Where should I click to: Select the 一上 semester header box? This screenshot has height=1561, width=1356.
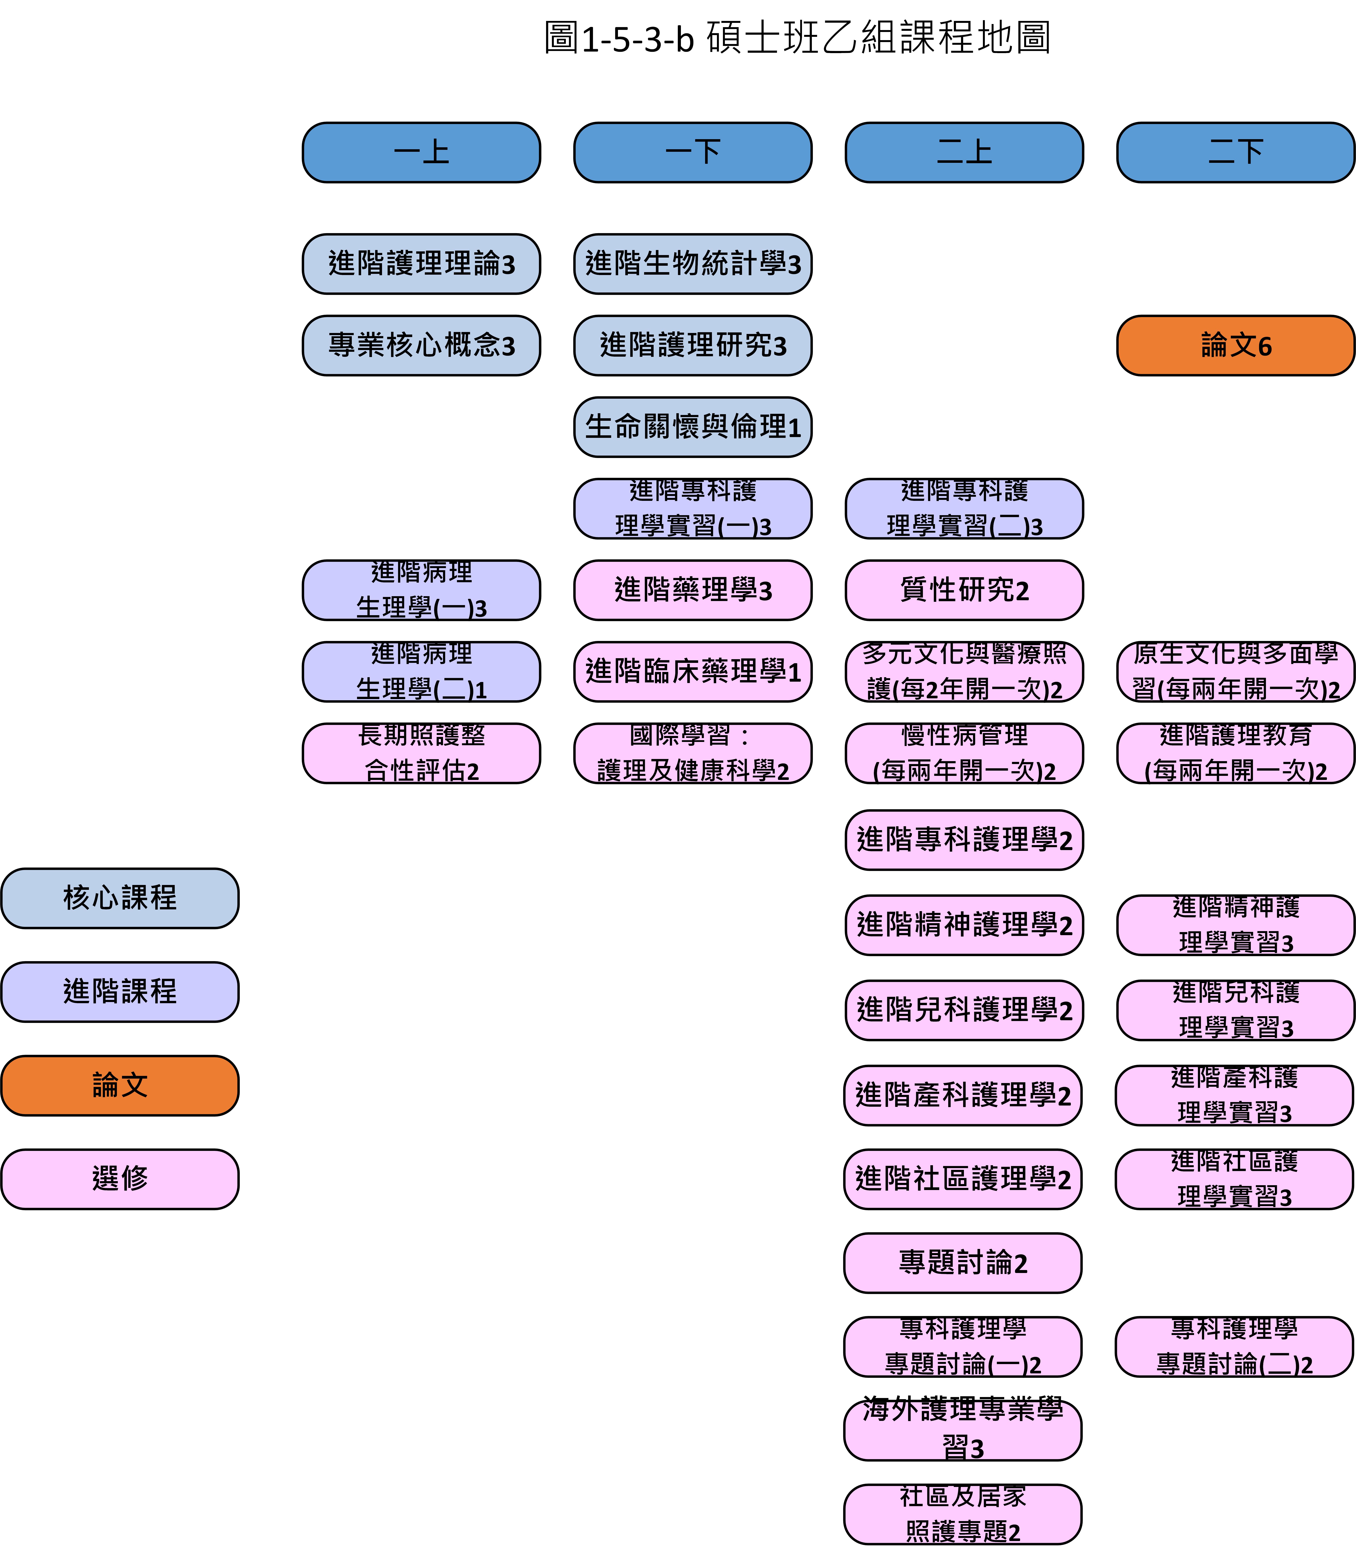click(x=422, y=152)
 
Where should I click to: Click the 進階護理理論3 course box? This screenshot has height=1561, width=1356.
click(x=422, y=263)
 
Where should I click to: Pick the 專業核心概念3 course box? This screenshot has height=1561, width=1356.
click(x=422, y=345)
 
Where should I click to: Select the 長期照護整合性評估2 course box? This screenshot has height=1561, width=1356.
click(x=422, y=753)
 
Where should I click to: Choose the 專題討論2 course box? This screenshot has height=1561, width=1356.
click(x=963, y=1263)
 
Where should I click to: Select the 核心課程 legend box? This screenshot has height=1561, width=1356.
click(x=120, y=898)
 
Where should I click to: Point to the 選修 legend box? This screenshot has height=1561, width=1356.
click(x=120, y=1179)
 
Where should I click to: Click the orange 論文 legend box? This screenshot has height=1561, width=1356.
click(x=120, y=1085)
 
